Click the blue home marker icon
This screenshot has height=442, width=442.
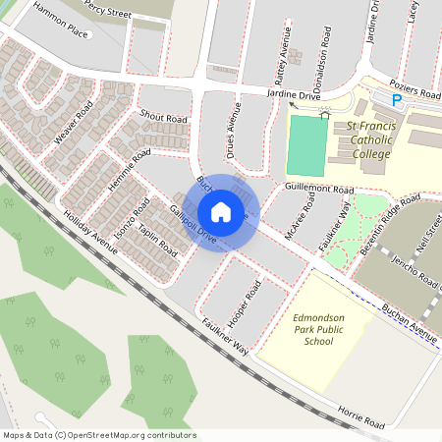[x=221, y=211]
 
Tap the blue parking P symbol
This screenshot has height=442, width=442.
[x=397, y=100]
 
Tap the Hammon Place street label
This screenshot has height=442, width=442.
[x=60, y=22]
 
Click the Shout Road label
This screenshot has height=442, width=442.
[x=163, y=118]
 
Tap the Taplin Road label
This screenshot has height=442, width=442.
[x=157, y=240]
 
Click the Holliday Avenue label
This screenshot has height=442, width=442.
[x=88, y=233]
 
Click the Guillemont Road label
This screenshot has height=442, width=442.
[x=319, y=188]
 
